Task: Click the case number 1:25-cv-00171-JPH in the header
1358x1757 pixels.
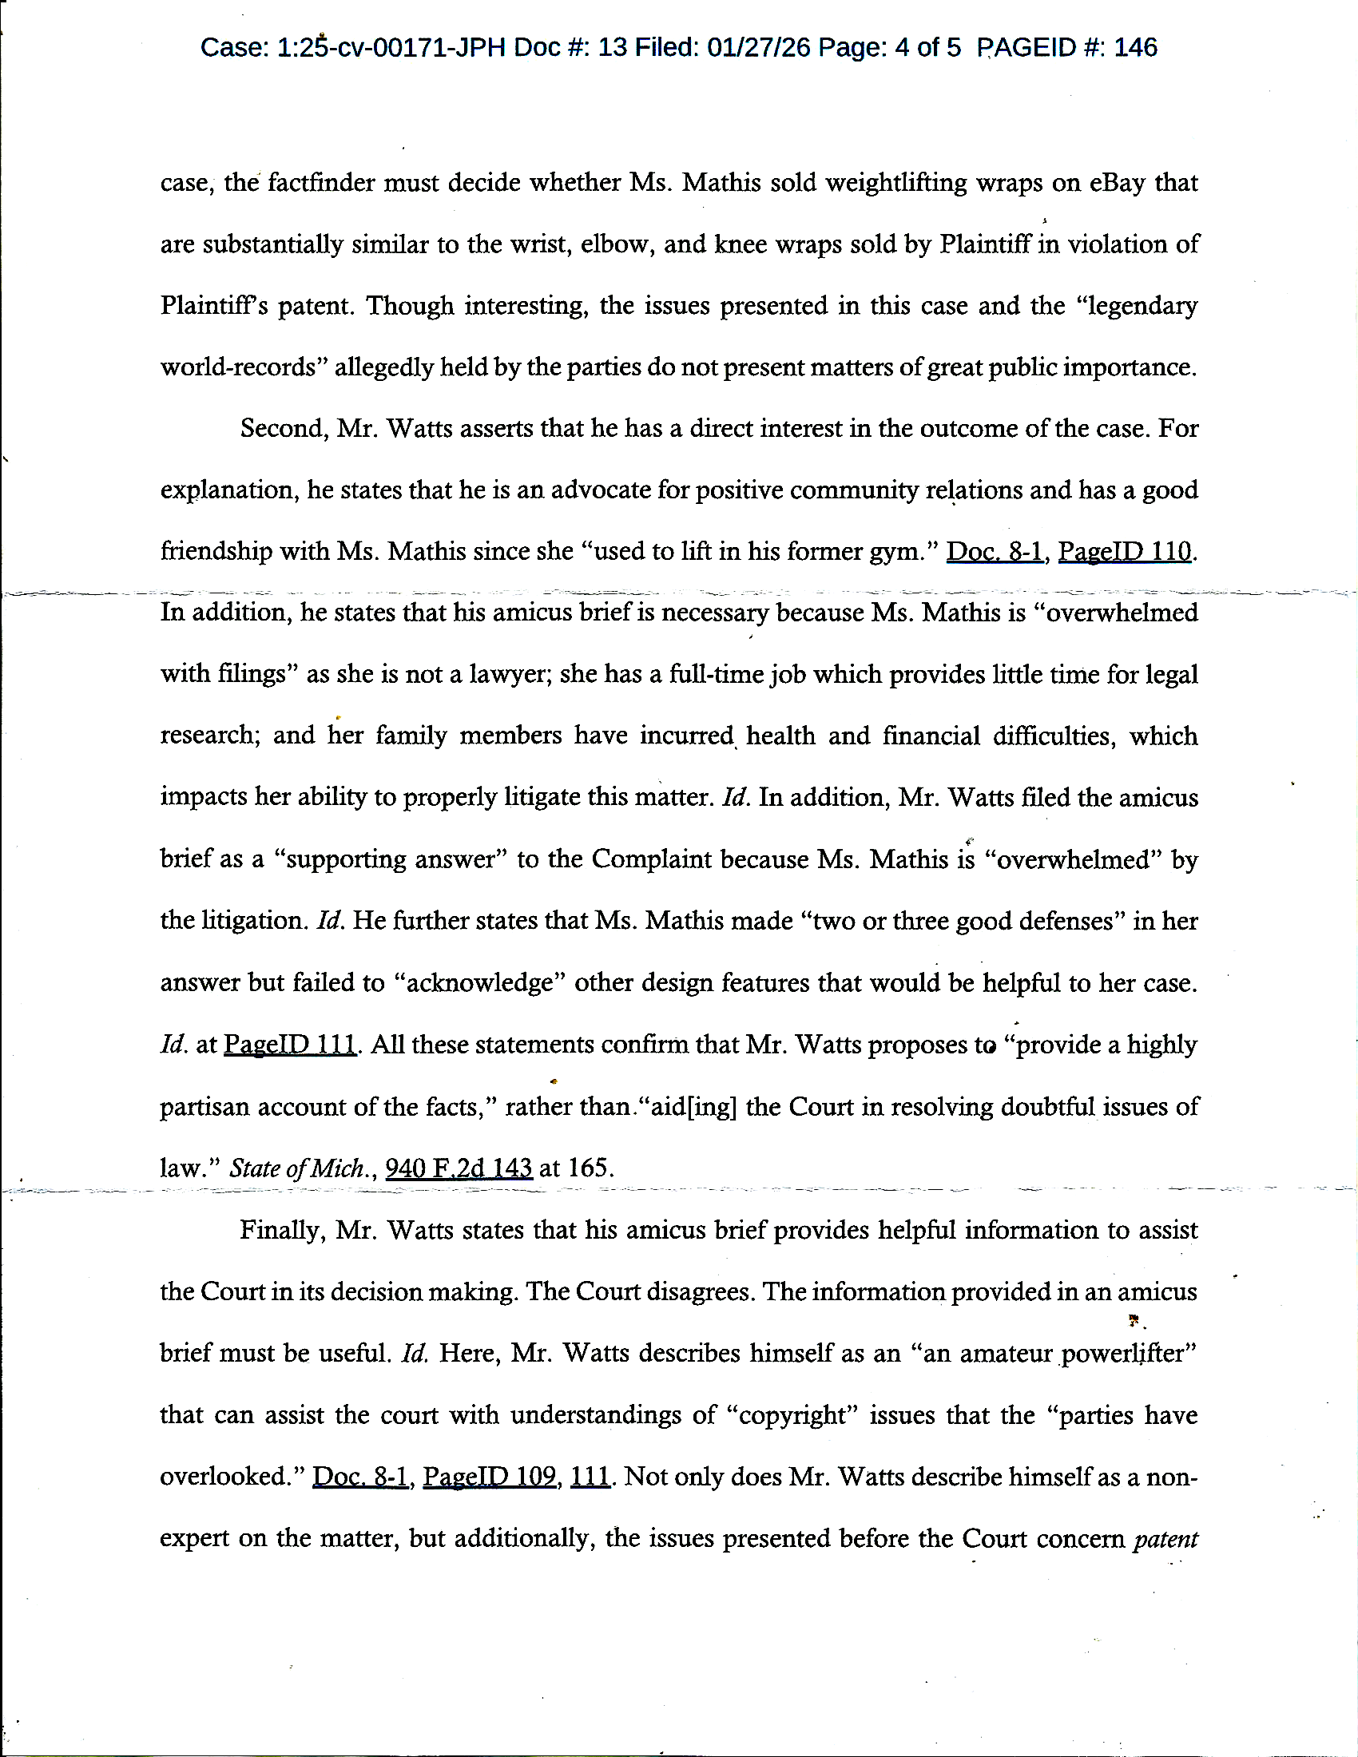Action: [391, 48]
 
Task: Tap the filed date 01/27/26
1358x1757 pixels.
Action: [759, 48]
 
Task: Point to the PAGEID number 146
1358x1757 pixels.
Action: [1136, 48]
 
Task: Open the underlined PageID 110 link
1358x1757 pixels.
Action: [1124, 551]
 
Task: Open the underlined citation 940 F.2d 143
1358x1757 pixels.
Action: [459, 1168]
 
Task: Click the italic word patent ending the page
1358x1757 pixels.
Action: [1165, 1538]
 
